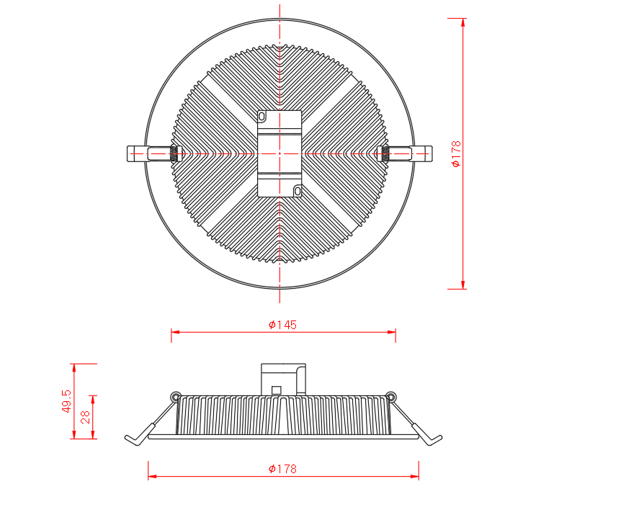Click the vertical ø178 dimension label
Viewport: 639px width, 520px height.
(x=456, y=153)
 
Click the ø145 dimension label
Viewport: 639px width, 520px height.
(x=282, y=325)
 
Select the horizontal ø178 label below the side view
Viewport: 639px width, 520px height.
(x=282, y=469)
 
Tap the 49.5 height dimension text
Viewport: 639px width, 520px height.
(x=66, y=401)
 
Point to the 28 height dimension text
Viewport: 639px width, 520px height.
(x=85, y=417)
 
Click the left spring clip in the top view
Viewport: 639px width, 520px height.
(x=153, y=153)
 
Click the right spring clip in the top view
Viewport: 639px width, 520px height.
(x=405, y=153)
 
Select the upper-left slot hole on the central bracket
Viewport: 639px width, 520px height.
(x=262, y=117)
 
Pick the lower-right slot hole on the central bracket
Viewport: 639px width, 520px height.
(x=298, y=191)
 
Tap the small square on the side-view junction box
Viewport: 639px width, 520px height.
(x=276, y=390)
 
